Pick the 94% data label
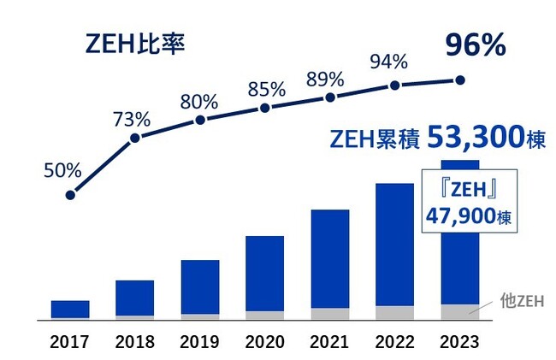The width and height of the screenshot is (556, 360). (390, 62)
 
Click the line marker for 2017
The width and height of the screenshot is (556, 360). (70, 195)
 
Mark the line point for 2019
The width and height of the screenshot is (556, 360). (200, 119)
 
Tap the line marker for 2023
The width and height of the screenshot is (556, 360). (460, 80)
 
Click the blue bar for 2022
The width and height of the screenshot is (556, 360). (394, 245)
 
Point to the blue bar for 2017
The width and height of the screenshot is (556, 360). (70, 309)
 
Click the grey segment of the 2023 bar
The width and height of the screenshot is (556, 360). (460, 311)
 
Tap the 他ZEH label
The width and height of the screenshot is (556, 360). (522, 300)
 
